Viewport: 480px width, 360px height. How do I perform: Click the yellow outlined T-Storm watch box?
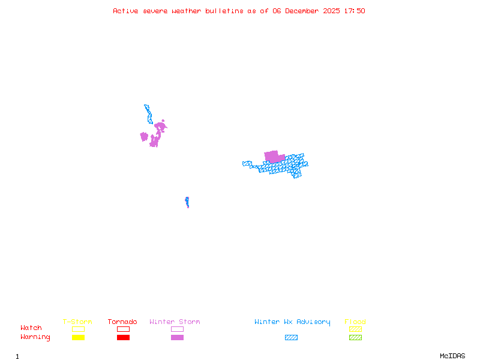[x=78, y=329]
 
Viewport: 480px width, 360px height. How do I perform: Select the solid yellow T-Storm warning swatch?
[x=78, y=338]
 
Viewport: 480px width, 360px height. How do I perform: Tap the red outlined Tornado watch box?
[x=123, y=329]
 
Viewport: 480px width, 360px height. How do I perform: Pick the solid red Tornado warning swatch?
[x=123, y=338]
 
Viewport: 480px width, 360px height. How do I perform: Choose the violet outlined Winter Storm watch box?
[x=177, y=329]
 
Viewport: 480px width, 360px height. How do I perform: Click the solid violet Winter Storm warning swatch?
[x=177, y=338]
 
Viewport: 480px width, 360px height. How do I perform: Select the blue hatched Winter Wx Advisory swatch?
[x=291, y=338]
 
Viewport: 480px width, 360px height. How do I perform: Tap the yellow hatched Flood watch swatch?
[x=355, y=329]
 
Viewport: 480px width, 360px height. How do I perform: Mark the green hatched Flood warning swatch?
[x=355, y=338]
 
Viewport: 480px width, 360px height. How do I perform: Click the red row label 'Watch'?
[x=31, y=328]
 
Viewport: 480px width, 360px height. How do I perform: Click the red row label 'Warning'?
[x=35, y=337]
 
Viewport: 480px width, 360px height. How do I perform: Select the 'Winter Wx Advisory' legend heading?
[x=292, y=322]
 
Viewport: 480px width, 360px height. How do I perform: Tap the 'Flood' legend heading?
[x=355, y=322]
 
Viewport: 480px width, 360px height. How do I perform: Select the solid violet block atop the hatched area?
[x=273, y=156]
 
